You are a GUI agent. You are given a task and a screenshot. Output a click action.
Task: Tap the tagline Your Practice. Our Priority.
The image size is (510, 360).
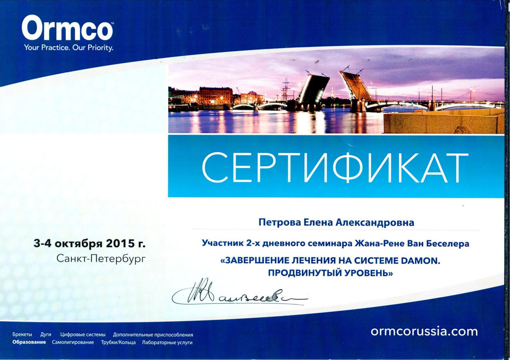(x=69, y=48)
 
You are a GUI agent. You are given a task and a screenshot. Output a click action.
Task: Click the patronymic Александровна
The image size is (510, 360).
(x=375, y=222)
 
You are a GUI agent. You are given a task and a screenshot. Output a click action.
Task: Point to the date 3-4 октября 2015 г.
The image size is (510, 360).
(x=90, y=243)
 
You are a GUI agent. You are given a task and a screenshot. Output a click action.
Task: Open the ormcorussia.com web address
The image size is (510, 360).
(x=424, y=331)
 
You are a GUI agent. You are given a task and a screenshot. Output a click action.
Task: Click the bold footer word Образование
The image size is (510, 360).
(x=29, y=342)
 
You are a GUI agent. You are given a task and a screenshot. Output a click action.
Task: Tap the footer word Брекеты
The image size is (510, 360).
(x=22, y=335)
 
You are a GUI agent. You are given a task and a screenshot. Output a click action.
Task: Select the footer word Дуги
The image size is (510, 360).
(x=46, y=335)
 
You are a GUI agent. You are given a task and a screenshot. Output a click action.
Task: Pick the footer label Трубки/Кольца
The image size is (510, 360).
(x=118, y=342)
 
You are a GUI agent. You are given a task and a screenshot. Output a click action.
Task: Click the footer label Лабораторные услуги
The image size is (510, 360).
(x=167, y=342)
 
